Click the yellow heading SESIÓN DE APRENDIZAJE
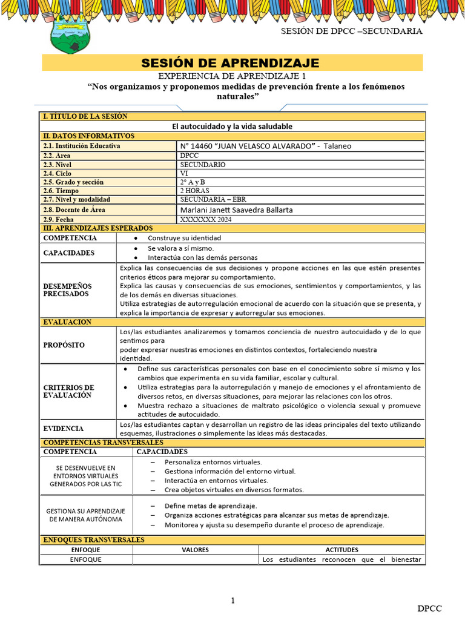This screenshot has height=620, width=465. (x=230, y=63)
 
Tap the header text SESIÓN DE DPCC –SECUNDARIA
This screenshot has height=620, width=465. (x=352, y=31)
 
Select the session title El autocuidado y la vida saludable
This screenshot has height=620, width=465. (x=232, y=126)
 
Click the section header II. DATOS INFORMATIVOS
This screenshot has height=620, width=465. (x=88, y=136)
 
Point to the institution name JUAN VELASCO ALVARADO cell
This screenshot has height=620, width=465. (x=266, y=146)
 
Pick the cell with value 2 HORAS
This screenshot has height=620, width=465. (x=195, y=191)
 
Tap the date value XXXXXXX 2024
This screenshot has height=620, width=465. (x=206, y=219)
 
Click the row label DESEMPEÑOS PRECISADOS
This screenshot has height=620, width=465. (x=67, y=289)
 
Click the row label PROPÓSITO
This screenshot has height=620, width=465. (x=64, y=345)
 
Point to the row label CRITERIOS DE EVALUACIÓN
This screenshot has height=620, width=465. (x=68, y=391)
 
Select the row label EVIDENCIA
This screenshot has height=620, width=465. (x=64, y=428)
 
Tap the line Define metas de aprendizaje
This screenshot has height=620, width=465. (x=211, y=506)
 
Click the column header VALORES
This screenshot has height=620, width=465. (x=195, y=550)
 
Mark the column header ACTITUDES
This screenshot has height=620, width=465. (x=341, y=550)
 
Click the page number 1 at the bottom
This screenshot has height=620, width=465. (x=232, y=601)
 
